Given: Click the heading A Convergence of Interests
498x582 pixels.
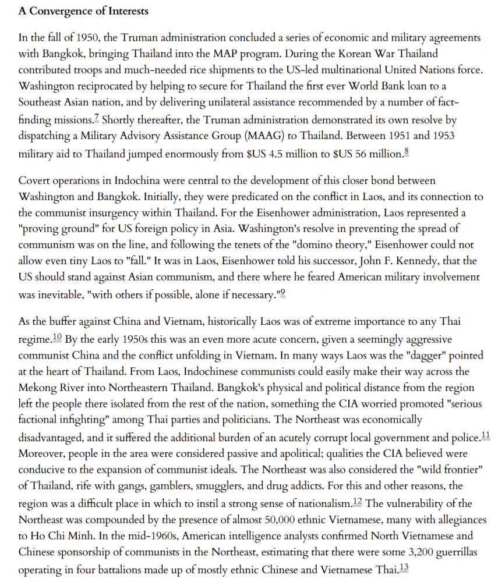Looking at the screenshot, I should click(83, 11).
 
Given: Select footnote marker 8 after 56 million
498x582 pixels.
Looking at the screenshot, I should click(406, 152).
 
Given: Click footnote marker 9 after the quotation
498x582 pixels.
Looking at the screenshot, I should click(284, 293).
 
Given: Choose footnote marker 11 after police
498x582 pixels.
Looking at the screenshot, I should click(486, 435).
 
